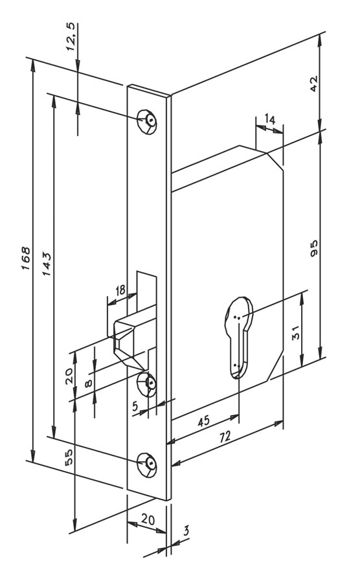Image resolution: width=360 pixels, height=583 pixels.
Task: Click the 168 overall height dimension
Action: pyautogui.click(x=25, y=258)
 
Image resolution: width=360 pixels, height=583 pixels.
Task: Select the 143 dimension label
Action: pyautogui.click(x=46, y=264)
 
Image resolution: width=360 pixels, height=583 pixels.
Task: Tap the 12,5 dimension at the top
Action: pyautogui.click(x=71, y=37)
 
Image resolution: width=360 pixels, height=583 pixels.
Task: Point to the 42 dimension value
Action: pyautogui.click(x=314, y=84)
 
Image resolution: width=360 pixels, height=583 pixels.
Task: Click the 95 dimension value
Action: pyautogui.click(x=314, y=248)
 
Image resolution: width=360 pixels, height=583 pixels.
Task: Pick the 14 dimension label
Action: pyautogui.click(x=270, y=119)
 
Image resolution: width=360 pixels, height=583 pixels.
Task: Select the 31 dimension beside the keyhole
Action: pyautogui.click(x=296, y=332)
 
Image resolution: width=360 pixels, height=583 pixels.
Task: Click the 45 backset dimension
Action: pyautogui.click(x=204, y=422)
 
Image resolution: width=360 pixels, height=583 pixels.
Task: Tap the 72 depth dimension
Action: pyautogui.click(x=225, y=436)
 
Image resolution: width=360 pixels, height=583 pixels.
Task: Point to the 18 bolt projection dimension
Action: pyautogui.click(x=120, y=290)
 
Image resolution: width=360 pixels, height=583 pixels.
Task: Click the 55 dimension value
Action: pyautogui.click(x=69, y=456)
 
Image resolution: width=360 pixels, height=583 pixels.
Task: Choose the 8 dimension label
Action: pyautogui.click(x=89, y=383)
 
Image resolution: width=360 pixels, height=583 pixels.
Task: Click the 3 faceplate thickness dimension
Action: pyautogui.click(x=186, y=531)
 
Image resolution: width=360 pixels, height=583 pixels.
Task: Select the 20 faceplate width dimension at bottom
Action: pyautogui.click(x=148, y=519)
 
